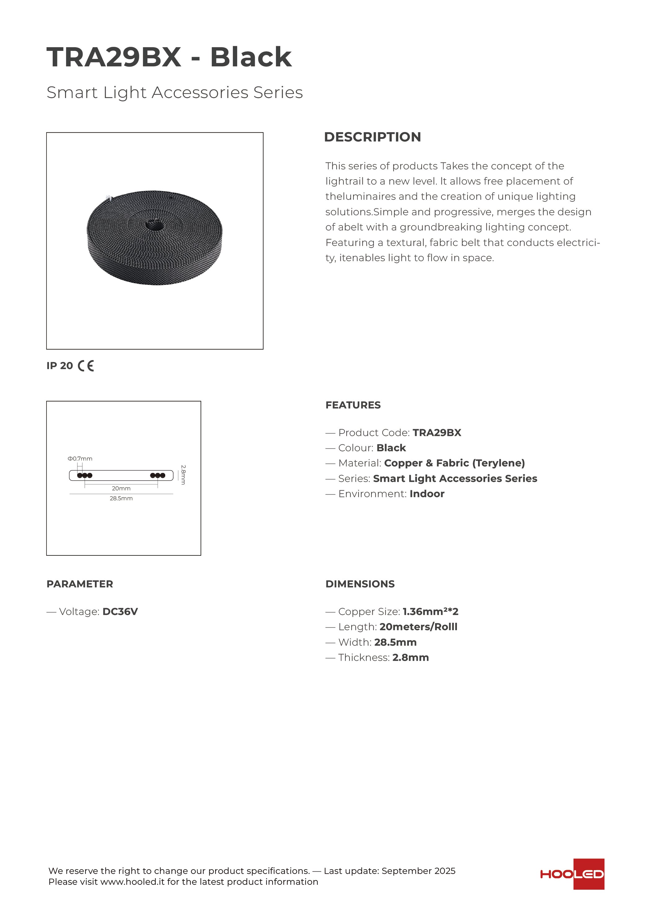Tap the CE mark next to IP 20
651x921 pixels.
[x=86, y=366]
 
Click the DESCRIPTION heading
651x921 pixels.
[x=372, y=137]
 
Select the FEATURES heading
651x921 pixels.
[x=353, y=405]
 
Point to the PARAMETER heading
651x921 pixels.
[x=80, y=584]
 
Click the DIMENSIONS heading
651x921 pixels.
[x=360, y=584]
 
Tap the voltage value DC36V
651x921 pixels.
[x=120, y=612]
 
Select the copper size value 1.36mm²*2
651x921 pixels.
[x=430, y=612]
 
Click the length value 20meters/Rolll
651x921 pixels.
[x=418, y=627]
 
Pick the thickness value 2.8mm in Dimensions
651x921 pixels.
[x=410, y=657]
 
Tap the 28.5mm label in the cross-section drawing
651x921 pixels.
[x=121, y=499]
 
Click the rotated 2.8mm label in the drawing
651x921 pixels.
[x=183, y=475]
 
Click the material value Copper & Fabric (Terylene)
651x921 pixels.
[x=454, y=463]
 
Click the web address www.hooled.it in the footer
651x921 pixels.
[x=132, y=882]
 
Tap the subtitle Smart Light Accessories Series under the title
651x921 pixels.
[x=175, y=92]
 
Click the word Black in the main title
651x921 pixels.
[x=251, y=57]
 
